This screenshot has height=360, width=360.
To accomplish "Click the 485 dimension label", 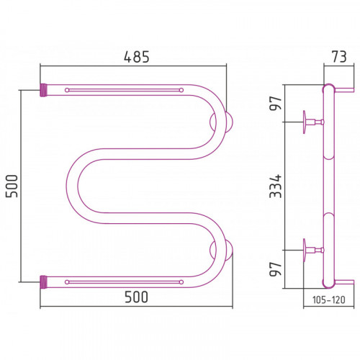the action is (x=136, y=57).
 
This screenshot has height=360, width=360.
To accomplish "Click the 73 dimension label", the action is (x=339, y=57).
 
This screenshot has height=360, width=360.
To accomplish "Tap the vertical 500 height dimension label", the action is (x=12, y=186).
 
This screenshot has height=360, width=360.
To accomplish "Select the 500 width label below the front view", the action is (x=136, y=297).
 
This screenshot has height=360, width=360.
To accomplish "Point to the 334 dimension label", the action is (x=275, y=186).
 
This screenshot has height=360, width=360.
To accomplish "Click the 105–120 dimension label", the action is (x=329, y=300).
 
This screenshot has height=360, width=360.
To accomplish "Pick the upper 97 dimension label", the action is (x=275, y=103).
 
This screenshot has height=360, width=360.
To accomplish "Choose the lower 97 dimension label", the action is (x=275, y=269).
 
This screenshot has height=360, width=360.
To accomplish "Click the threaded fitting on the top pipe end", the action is (x=43, y=90).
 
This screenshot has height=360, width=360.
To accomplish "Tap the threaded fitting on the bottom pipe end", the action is (x=43, y=282).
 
